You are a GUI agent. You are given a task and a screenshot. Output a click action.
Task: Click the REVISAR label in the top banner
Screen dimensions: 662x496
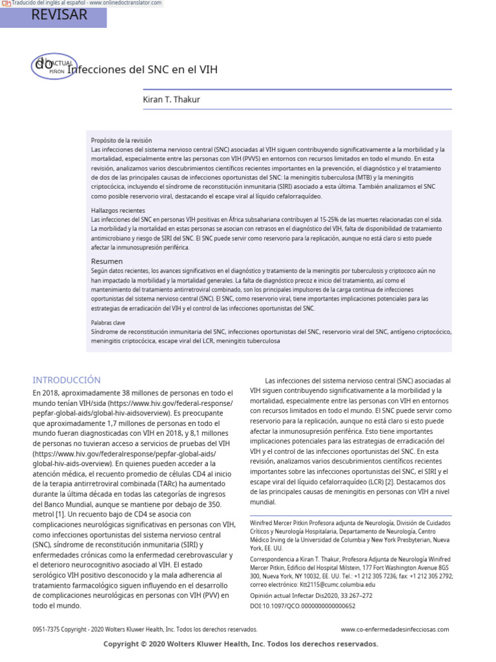(59, 16)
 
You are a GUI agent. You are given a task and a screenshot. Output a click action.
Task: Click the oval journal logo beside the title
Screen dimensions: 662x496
(54, 65)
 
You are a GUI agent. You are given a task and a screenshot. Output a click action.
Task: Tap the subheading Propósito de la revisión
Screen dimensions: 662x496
(121, 140)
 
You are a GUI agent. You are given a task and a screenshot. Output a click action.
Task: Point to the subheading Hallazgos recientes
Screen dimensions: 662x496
(118, 211)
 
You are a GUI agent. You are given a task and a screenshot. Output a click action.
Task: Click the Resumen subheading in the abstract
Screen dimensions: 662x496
(106, 261)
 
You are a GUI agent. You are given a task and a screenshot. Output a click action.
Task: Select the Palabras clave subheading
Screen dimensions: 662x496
(108, 322)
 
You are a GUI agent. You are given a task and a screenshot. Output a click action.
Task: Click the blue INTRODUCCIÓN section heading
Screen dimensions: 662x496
(67, 380)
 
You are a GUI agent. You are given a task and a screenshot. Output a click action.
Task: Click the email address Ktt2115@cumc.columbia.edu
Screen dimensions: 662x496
(331, 584)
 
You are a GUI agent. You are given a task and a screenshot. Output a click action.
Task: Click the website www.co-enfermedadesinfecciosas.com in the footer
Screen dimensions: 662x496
(395, 629)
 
